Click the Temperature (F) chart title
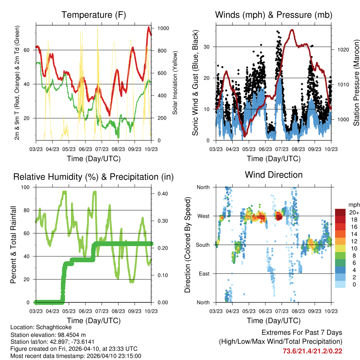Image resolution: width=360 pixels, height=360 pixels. coord(94,15)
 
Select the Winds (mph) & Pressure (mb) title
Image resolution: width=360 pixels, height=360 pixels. coord(274,15)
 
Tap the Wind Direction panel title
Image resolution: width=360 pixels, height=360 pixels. coord(274,175)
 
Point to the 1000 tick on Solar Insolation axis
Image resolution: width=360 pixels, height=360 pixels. coord(164,28)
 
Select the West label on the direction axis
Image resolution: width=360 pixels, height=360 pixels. coord(203,216)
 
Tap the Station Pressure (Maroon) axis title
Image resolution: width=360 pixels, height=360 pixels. coord(356,83)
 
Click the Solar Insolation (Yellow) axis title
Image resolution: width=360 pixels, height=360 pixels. coord(175,83)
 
